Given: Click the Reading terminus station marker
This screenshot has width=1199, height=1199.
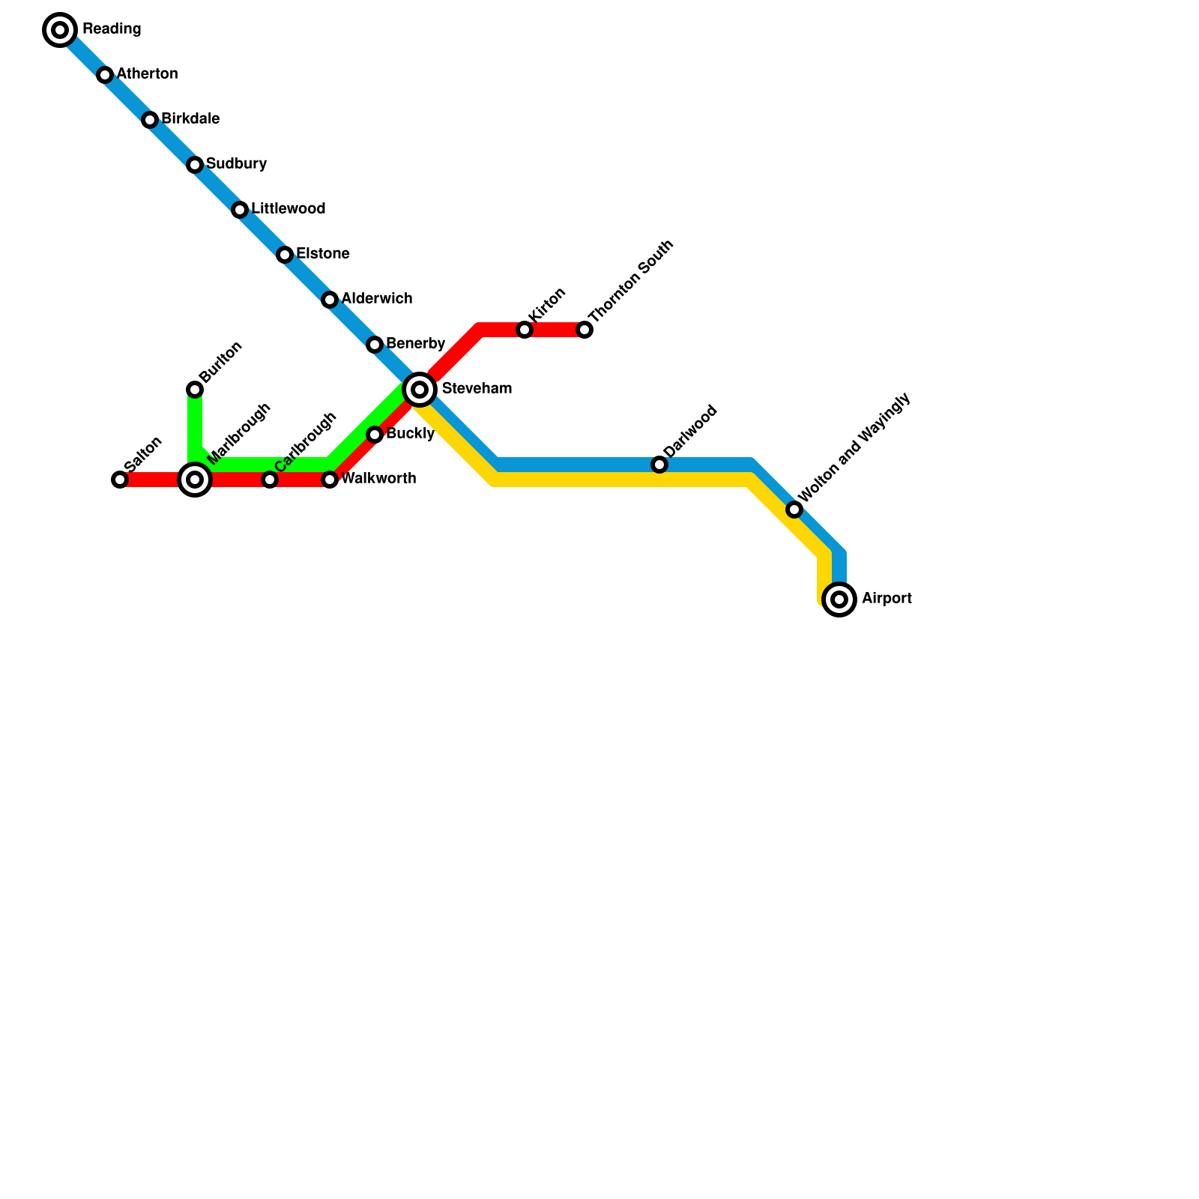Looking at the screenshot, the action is pyautogui.click(x=60, y=30).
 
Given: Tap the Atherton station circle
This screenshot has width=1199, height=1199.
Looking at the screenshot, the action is pyautogui.click(x=105, y=75).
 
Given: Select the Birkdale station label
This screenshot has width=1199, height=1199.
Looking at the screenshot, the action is pyautogui.click(x=190, y=119).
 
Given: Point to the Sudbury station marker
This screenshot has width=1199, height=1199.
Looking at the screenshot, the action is pyautogui.click(x=195, y=165).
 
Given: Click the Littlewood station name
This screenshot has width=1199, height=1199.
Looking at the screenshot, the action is pyautogui.click(x=288, y=209).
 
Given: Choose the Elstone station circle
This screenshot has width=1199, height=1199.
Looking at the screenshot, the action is pyautogui.click(x=285, y=255).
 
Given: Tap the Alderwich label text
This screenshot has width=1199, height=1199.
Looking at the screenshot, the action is pyautogui.click(x=376, y=299).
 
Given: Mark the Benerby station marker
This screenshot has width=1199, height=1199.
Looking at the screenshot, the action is pyautogui.click(x=375, y=345).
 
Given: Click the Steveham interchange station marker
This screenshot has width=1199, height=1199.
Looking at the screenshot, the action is pyautogui.click(x=420, y=390).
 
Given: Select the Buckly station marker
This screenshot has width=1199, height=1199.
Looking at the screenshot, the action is pyautogui.click(x=375, y=435).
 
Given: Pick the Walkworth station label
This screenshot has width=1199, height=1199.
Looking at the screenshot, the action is pyautogui.click(x=378, y=479).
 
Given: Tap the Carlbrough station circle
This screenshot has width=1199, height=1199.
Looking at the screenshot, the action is pyautogui.click(x=270, y=480).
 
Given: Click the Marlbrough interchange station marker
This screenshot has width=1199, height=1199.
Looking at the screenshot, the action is pyautogui.click(x=195, y=480).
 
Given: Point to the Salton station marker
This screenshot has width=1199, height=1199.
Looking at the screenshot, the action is pyautogui.click(x=120, y=480).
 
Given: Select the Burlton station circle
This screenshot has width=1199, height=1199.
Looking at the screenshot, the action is pyautogui.click(x=195, y=390).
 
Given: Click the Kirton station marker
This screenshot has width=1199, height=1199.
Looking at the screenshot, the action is pyautogui.click(x=525, y=330).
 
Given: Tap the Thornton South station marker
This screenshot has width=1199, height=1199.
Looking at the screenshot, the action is pyautogui.click(x=585, y=330).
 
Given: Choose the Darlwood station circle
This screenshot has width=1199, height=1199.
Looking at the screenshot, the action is pyautogui.click(x=659, y=465).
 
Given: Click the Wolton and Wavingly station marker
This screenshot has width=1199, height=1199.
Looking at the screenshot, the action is pyautogui.click(x=794, y=510).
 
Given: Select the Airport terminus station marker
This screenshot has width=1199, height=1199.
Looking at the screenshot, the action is pyautogui.click(x=839, y=599).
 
